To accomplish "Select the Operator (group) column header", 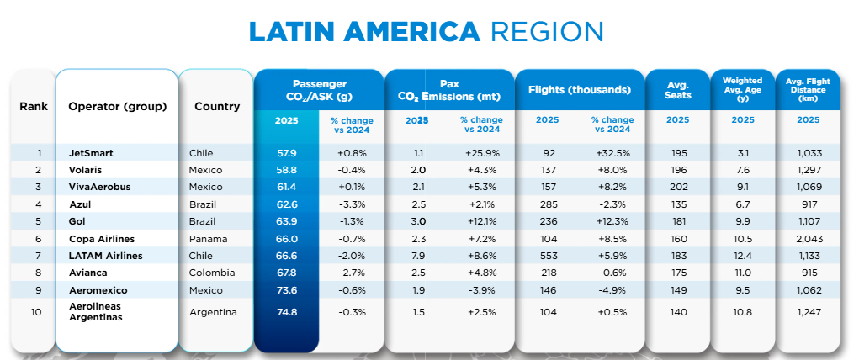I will tap(117, 107).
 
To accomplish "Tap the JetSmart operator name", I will tap(92, 153).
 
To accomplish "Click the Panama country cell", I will tap(208, 239).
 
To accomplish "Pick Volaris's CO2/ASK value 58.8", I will tap(286, 170).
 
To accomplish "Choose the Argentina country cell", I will tap(214, 312).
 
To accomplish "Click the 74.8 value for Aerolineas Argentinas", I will tap(286, 312).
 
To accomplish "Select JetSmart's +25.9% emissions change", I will tap(483, 153).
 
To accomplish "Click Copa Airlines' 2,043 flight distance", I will tap(808, 239).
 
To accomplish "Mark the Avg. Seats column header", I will tap(678, 90).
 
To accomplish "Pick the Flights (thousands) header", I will tap(579, 90).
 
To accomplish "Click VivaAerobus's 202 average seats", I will tap(678, 187).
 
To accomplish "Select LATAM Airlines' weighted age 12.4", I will tap(743, 256).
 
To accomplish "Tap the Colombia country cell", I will tap(212, 273).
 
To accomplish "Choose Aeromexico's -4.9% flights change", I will tap(612, 290).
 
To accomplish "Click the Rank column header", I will tap(34, 107).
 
